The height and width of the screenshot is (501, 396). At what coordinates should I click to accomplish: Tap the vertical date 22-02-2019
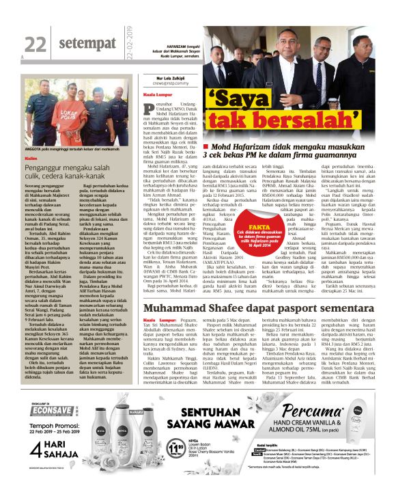click(129, 40)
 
